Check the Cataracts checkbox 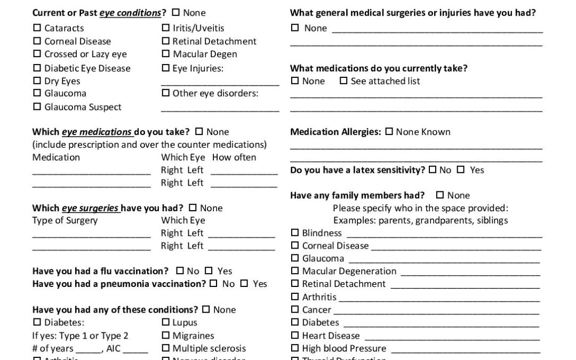(37, 28)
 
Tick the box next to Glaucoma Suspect (37, 107)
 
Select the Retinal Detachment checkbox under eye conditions (165, 41)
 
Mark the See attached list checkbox (343, 81)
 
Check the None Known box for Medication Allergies (389, 132)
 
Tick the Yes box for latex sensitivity (460, 170)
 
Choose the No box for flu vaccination (180, 271)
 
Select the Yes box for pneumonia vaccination (244, 284)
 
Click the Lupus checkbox (165, 323)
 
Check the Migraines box (165, 335)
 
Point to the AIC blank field (136, 350)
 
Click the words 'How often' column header (234, 157)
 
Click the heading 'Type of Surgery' (65, 220)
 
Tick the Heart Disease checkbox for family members (295, 335)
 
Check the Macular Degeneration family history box (295, 271)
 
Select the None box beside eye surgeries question (193, 207)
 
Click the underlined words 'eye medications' (97, 132)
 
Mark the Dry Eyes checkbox (37, 81)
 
